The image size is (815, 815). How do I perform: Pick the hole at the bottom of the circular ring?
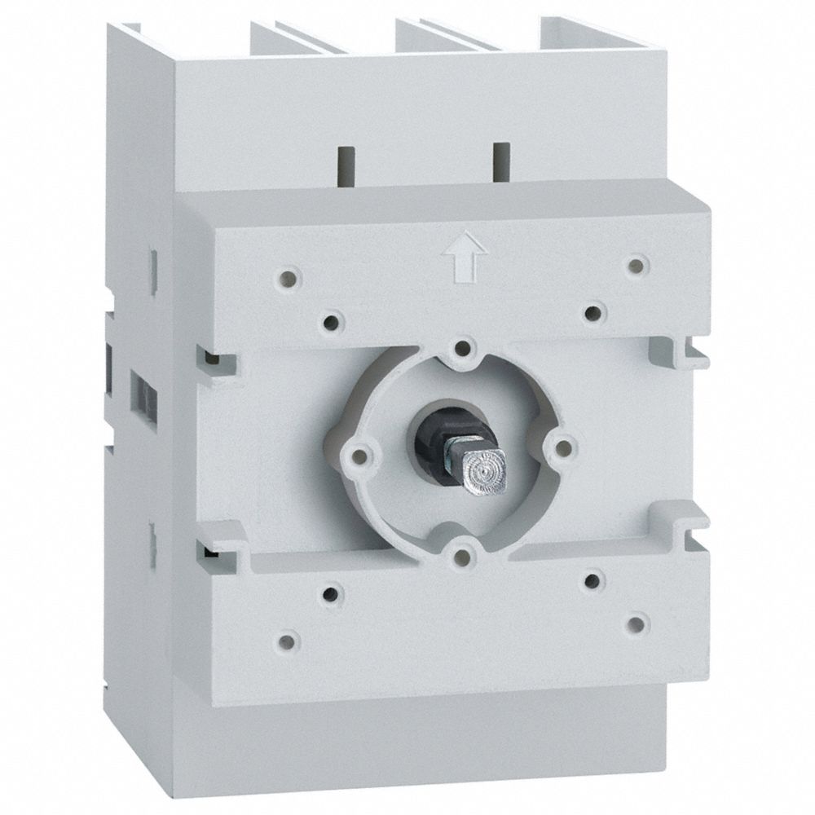point(462,557)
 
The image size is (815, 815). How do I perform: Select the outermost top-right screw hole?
point(637,264)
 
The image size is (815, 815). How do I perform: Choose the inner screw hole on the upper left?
point(330,323)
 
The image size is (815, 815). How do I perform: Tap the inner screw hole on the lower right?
point(594,580)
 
